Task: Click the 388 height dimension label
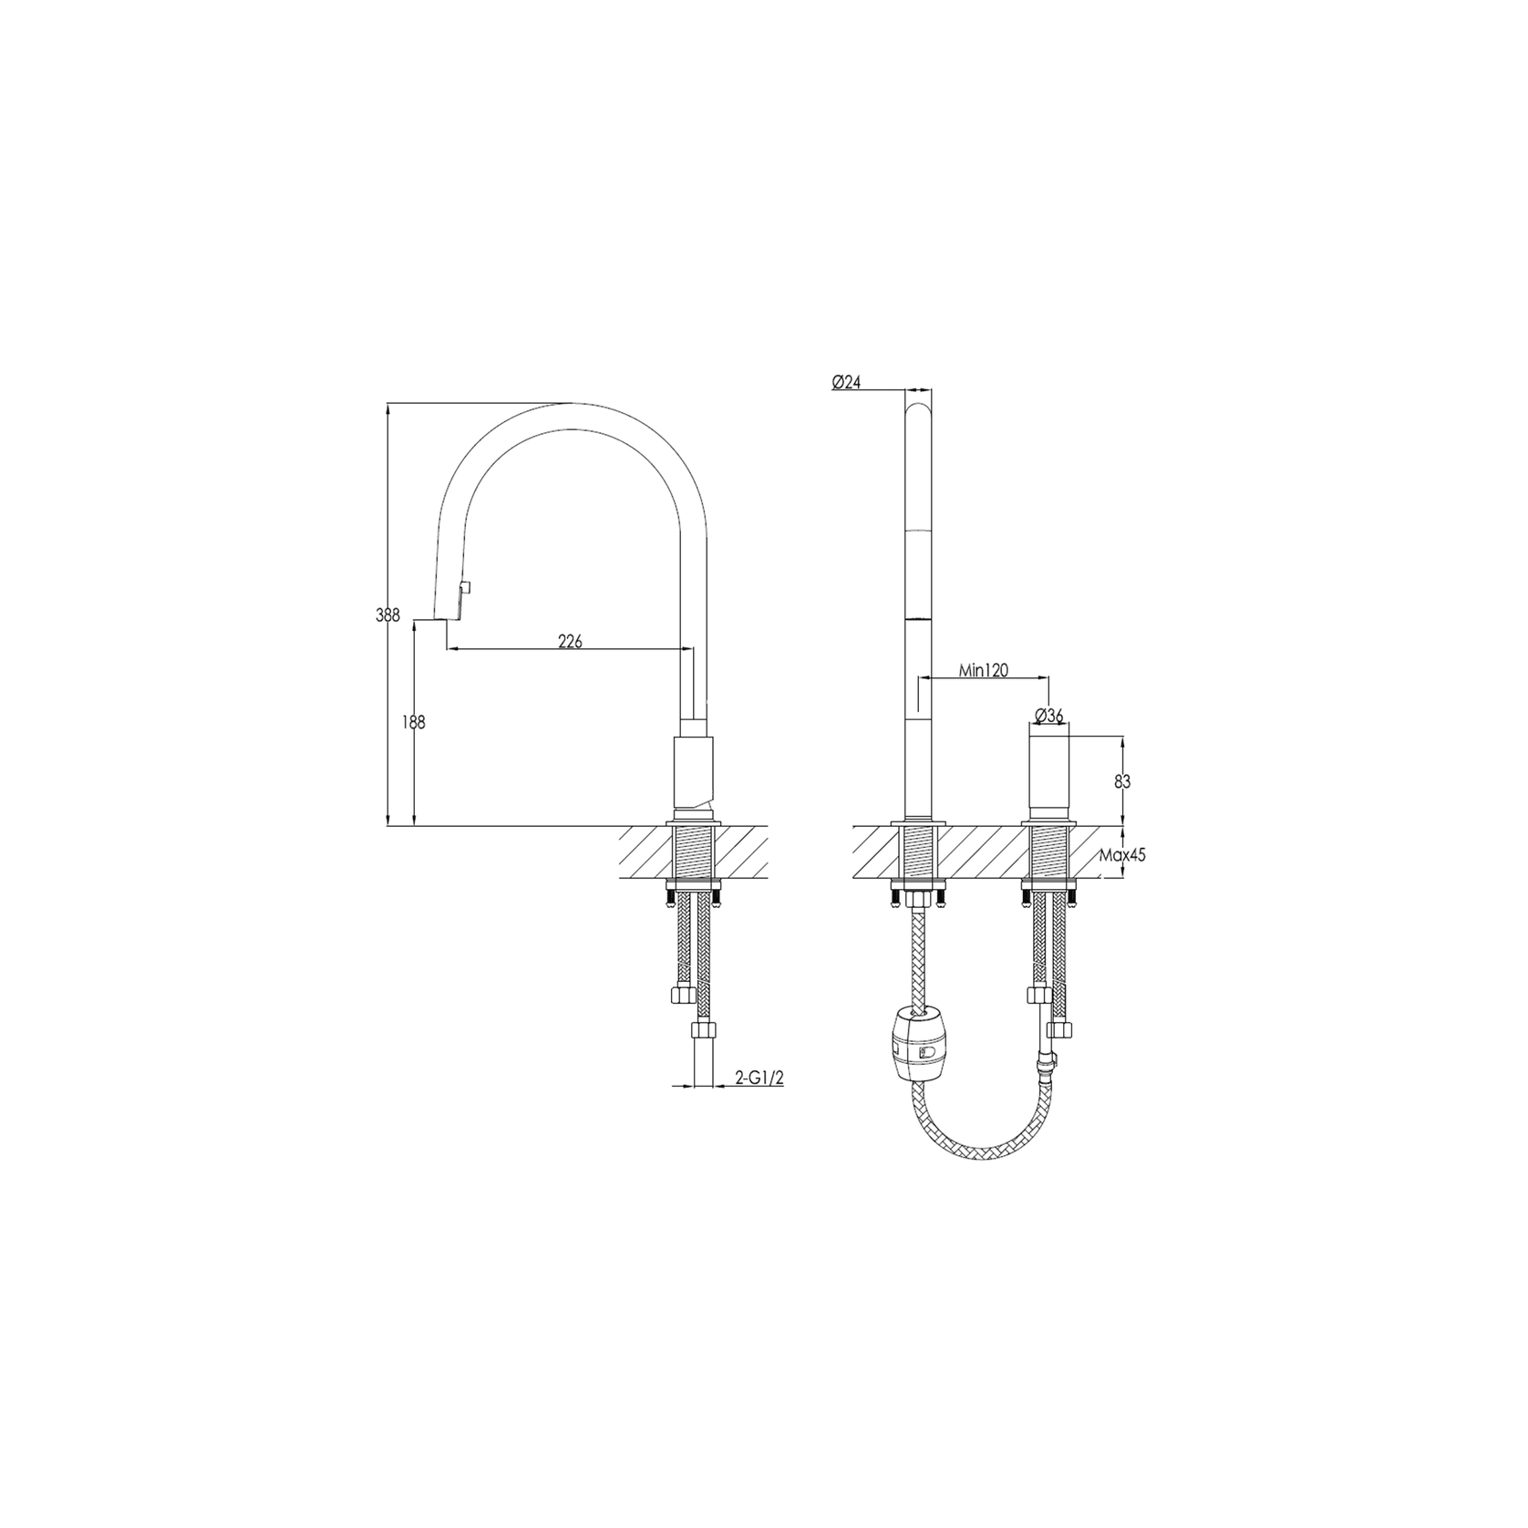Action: [388, 615]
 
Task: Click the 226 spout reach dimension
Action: [570, 642]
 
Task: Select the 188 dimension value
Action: [414, 723]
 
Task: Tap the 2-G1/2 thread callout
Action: [760, 1079]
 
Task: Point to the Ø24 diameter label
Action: [846, 383]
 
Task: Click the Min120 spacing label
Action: [984, 670]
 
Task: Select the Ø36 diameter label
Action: [1050, 716]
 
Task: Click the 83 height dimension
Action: [1122, 781]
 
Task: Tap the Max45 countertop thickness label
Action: [1122, 855]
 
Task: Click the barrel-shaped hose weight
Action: [916, 1043]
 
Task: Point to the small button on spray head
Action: [465, 588]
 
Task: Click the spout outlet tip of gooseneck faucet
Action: [445, 620]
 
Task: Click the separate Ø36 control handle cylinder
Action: [1049, 781]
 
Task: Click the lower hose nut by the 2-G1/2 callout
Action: [704, 1032]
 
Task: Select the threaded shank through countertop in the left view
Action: [695, 852]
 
